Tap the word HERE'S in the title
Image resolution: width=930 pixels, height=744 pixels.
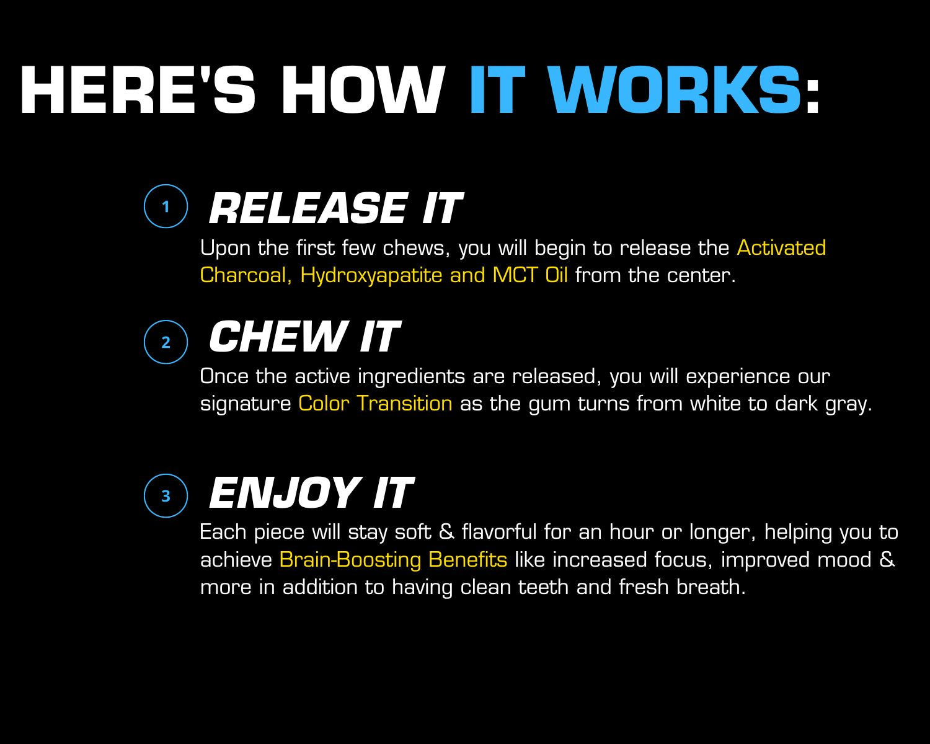click(138, 90)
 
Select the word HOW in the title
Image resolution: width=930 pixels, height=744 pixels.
click(363, 90)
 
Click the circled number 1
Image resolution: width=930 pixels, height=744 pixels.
click(166, 206)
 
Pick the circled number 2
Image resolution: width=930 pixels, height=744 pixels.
click(166, 342)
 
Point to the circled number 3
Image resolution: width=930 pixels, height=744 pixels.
click(166, 495)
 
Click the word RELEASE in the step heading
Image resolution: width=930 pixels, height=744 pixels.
click(308, 208)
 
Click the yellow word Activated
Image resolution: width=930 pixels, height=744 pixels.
click(781, 248)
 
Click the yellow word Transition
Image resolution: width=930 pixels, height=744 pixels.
click(404, 404)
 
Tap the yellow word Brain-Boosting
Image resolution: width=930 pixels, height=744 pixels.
click(350, 560)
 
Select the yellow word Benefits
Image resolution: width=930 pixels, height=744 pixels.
click(467, 559)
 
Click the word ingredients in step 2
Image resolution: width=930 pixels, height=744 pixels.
click(412, 377)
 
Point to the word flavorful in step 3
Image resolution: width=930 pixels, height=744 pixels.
click(499, 532)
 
